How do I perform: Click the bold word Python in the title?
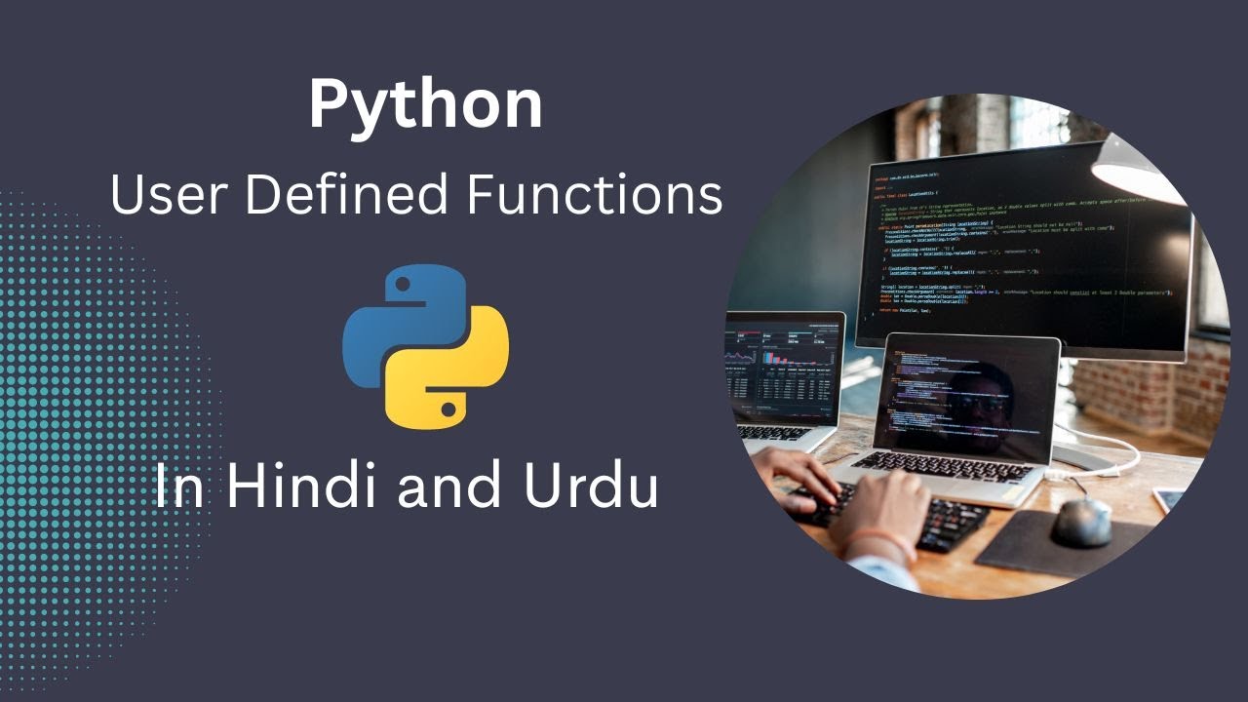[425, 105]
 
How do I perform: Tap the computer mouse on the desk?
[1080, 522]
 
